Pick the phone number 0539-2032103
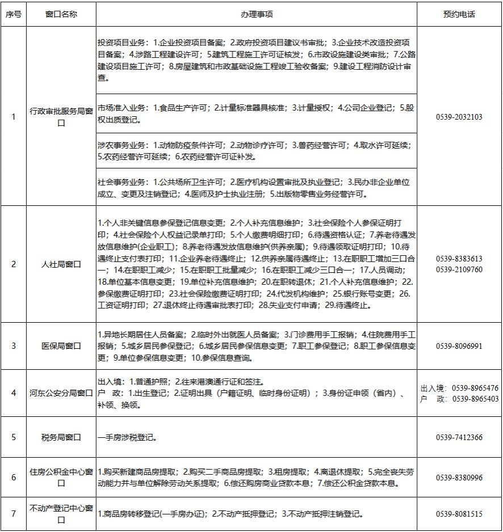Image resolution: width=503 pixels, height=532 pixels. point(459,117)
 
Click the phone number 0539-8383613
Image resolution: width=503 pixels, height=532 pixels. point(459,259)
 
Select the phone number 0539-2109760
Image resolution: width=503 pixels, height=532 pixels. point(459,269)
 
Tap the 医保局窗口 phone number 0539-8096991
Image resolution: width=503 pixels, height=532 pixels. point(459,345)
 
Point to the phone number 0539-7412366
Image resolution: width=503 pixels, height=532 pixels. point(459,437)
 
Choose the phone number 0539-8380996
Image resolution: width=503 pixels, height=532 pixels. point(459,478)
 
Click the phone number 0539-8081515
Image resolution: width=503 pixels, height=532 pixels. point(459,514)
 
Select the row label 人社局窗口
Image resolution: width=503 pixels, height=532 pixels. point(61,264)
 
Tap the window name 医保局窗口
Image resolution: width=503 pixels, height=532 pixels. point(61,345)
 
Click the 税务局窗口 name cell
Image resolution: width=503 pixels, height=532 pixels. point(61,437)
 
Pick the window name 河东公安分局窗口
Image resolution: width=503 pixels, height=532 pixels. point(61,392)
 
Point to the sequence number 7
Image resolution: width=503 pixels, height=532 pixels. point(14,514)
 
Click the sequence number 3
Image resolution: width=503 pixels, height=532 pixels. point(14,345)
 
